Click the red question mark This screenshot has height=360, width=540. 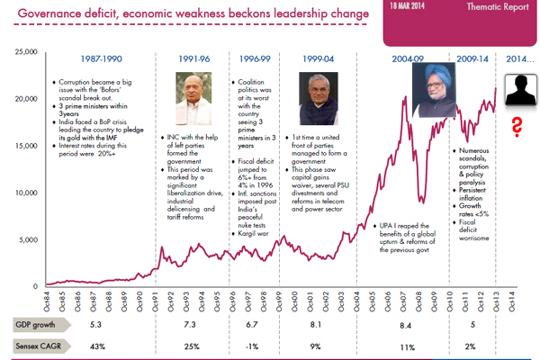[x=517, y=126]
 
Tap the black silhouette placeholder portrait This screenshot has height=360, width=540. [x=517, y=91]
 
